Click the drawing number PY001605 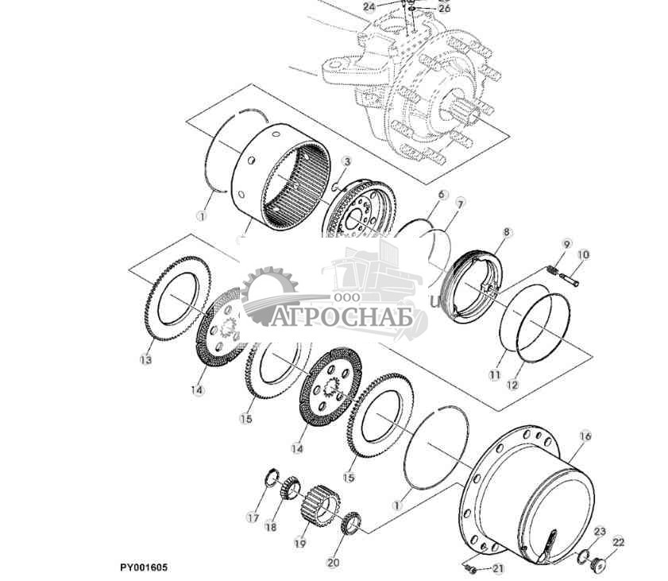(x=144, y=567)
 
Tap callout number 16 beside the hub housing (x=585, y=436)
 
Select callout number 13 (x=145, y=360)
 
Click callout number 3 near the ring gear (x=346, y=161)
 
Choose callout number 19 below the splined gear (x=299, y=544)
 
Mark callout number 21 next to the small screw (x=498, y=568)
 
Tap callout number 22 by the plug (x=618, y=542)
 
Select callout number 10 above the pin (x=583, y=254)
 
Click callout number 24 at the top (x=369, y=6)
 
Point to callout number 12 (x=512, y=385)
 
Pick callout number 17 (x=253, y=518)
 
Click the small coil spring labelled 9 (x=553, y=271)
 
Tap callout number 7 (x=460, y=207)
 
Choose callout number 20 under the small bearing (x=333, y=563)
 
